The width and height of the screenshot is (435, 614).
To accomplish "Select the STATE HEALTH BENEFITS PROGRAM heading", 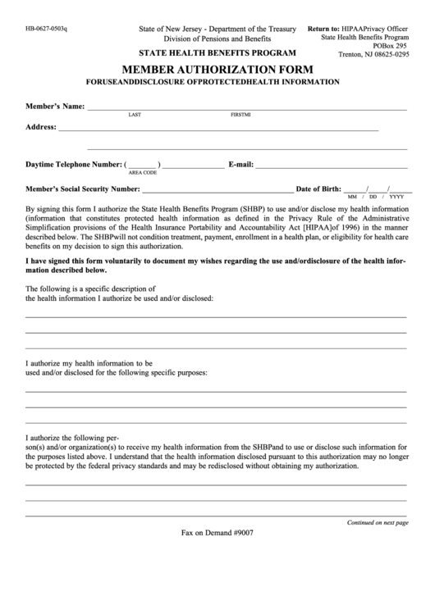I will pyautogui.click(x=217, y=52).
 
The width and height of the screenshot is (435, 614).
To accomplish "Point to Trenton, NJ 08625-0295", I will pyautogui.click(x=373, y=56).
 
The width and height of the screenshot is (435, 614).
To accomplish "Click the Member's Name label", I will pyautogui.click(x=55, y=107).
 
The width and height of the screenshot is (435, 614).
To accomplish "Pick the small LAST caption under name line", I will pyautogui.click(x=135, y=116).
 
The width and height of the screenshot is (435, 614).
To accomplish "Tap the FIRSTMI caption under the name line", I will pyautogui.click(x=240, y=116).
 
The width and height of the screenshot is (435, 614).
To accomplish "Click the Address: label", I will pyautogui.click(x=41, y=128).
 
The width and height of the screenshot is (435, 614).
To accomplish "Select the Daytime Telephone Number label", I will pyautogui.click(x=75, y=165).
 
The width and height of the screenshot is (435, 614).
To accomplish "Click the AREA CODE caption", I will pyautogui.click(x=143, y=173).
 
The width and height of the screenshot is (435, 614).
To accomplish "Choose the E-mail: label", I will pyautogui.click(x=246, y=165).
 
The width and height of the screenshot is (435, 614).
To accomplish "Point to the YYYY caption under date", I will pyautogui.click(x=396, y=198).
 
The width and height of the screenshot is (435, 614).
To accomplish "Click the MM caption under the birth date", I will pyautogui.click(x=353, y=198).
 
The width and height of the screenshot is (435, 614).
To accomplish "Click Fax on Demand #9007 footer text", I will pyautogui.click(x=217, y=532).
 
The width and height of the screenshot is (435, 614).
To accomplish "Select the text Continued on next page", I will pyautogui.click(x=378, y=521).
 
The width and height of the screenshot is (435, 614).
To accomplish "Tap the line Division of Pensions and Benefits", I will pyautogui.click(x=217, y=39).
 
